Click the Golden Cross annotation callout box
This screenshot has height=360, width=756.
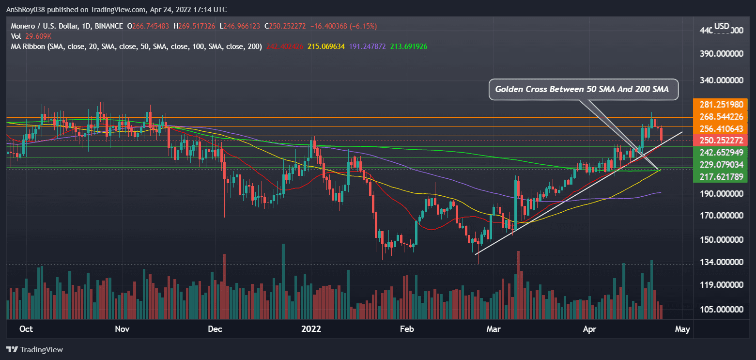click(x=583, y=89)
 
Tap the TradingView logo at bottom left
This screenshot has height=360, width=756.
click(x=34, y=349)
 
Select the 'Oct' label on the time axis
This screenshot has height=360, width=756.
click(x=26, y=329)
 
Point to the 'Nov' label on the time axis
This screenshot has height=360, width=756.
click(x=122, y=329)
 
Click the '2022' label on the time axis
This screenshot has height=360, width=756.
click(x=311, y=329)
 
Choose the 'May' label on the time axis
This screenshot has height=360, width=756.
click(x=682, y=329)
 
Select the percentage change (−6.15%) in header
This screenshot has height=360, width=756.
click(x=360, y=26)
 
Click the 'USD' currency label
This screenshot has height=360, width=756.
click(x=722, y=26)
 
